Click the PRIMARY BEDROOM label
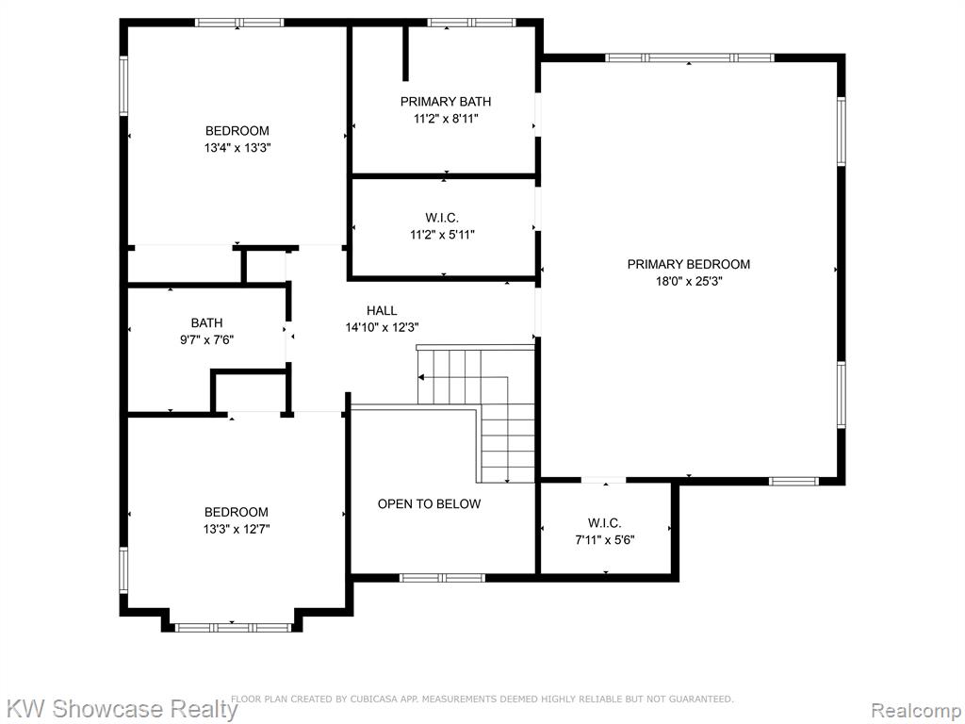tap(688, 264)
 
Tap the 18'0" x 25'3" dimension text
tap(688, 281)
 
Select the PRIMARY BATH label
tap(446, 102)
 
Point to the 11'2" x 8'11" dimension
tap(446, 119)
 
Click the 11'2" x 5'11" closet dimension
tap(443, 235)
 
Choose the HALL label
tap(382, 311)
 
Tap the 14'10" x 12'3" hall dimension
tap(383, 328)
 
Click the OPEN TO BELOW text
tap(429, 504)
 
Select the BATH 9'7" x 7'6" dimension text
tap(206, 339)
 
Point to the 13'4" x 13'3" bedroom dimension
tap(237, 148)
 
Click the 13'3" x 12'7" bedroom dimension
tap(237, 529)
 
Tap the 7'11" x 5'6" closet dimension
tap(605, 540)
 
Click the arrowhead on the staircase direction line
tap(421, 377)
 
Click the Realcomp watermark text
tap(916, 710)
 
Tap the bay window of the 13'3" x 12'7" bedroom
tap(234, 628)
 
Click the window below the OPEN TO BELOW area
tap(442, 578)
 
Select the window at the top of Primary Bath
tap(471, 23)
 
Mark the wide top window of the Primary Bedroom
tap(689, 58)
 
